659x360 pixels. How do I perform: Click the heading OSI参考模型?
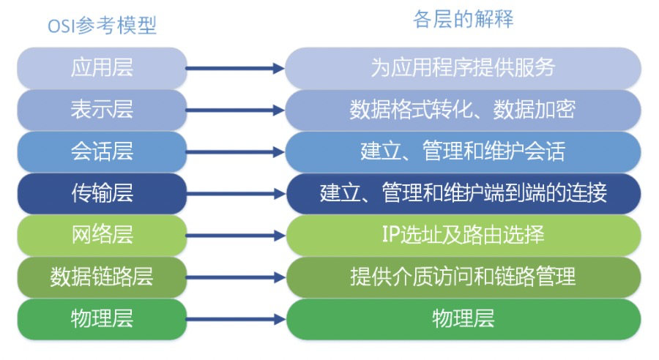(102, 26)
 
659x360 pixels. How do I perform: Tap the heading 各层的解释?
(463, 20)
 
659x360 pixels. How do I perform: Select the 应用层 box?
(102, 68)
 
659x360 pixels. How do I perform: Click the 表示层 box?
(102, 110)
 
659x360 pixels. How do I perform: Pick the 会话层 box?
(102, 151)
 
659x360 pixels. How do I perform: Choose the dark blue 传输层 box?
(102, 193)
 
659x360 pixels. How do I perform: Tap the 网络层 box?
(102, 235)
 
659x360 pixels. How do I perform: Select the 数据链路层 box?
(102, 277)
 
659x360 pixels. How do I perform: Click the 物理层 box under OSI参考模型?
(102, 318)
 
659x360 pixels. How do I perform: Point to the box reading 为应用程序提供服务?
(463, 68)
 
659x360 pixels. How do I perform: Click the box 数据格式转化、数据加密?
(463, 110)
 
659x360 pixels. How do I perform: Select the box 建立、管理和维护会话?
(463, 151)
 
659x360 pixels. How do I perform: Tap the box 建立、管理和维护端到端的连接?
(463, 193)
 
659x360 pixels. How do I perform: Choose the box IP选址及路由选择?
(463, 235)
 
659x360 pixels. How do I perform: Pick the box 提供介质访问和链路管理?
(463, 277)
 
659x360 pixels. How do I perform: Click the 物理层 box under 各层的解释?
(463, 318)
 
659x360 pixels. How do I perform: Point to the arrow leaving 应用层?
(234, 69)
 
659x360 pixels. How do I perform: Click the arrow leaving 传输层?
(234, 194)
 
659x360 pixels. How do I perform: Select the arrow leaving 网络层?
(234, 236)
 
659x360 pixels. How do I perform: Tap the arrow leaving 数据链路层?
(234, 277)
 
